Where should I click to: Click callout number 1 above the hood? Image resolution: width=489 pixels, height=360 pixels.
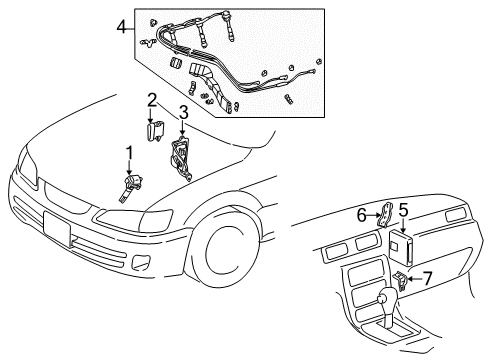tap(128, 152)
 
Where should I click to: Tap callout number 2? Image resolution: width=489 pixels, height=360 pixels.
tap(151, 100)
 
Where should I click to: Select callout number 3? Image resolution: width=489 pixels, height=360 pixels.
tap(183, 111)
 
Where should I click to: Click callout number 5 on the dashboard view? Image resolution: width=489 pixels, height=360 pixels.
tap(403, 238)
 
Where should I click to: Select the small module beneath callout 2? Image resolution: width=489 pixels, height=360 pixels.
tap(155, 130)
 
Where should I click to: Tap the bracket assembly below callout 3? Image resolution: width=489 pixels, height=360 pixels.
tap(183, 158)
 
